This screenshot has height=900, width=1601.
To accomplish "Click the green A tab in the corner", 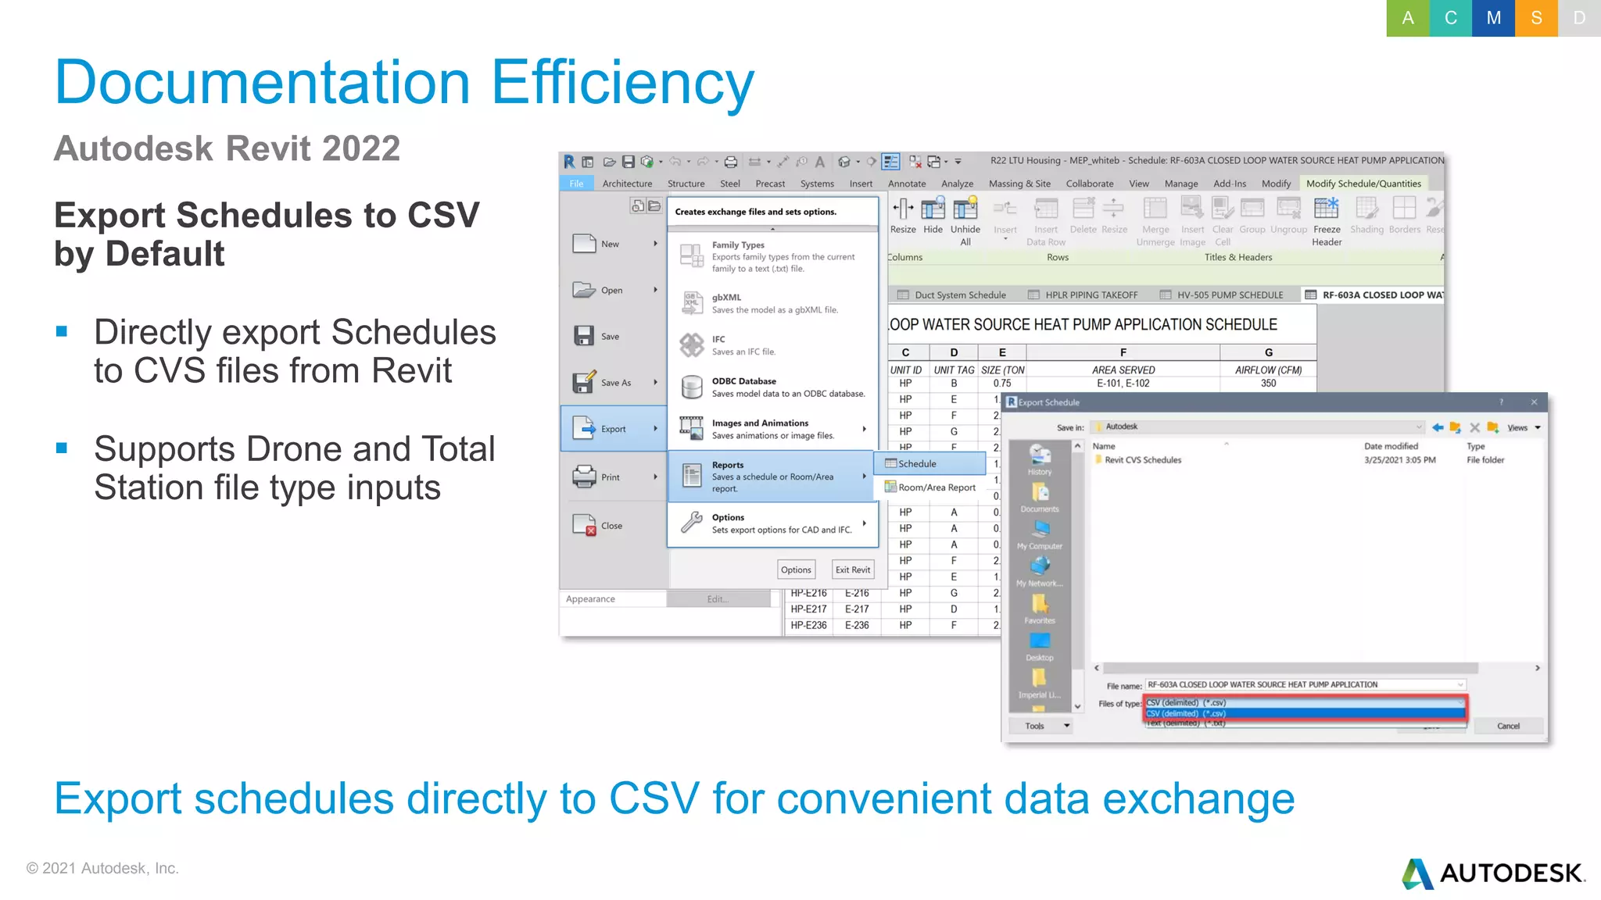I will [1407, 18].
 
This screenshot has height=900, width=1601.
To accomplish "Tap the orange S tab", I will [1536, 18].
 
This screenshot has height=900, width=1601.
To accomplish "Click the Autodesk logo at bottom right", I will [1493, 873].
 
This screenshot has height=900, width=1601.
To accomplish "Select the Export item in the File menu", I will [613, 429].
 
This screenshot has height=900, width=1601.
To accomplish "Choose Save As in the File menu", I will [614, 383].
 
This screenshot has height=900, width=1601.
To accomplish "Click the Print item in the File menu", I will [610, 477].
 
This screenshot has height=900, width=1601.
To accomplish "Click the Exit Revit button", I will [852, 570].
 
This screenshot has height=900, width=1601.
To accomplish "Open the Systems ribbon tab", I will [817, 184].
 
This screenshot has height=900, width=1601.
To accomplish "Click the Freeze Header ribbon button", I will [1327, 221].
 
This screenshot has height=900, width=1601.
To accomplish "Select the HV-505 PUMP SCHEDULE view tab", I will [1229, 295].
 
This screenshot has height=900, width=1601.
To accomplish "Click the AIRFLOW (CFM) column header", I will [1268, 370].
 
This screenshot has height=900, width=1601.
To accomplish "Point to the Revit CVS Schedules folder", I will [1143, 460].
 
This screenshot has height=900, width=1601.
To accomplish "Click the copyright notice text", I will [102, 868].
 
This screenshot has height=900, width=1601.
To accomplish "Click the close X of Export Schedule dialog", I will [1534, 402].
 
